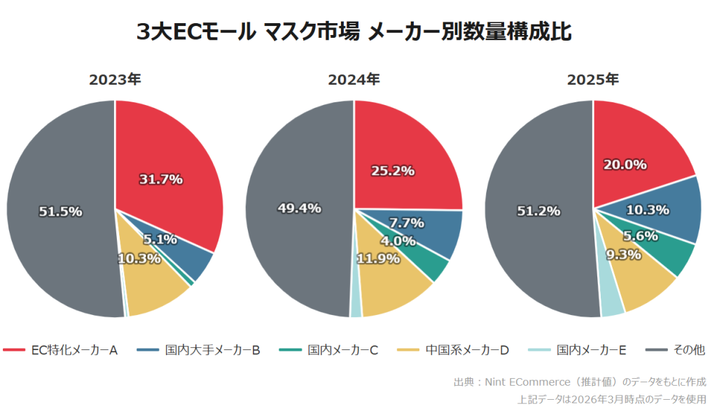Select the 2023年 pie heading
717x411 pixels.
click(x=115, y=80)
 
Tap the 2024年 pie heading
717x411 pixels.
click(x=354, y=80)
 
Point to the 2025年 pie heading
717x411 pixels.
click(x=593, y=80)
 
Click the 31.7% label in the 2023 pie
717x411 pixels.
click(x=160, y=179)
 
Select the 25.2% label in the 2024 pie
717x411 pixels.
click(x=392, y=170)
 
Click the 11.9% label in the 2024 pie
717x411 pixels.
click(x=378, y=258)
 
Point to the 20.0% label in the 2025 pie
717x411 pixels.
click(x=625, y=164)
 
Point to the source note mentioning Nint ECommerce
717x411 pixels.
click(x=580, y=382)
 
